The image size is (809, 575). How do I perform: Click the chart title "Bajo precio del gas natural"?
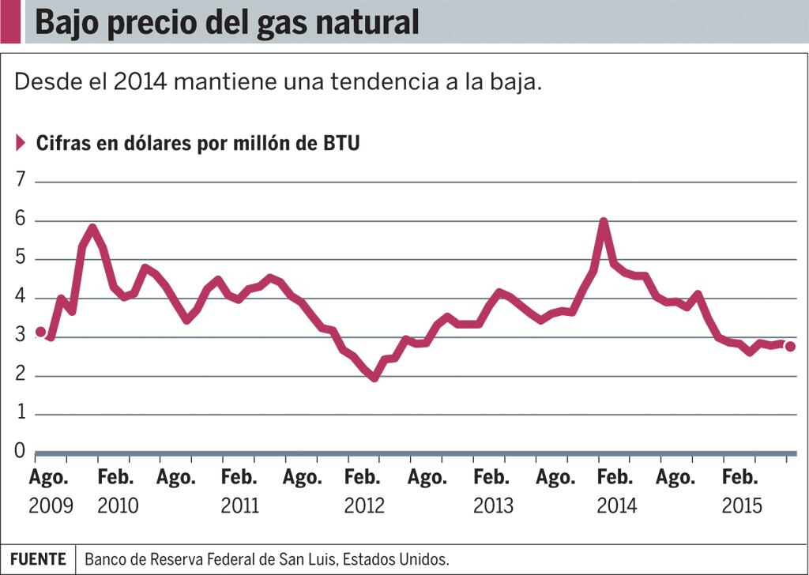tap(226, 23)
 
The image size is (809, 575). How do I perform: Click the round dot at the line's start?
tap(41, 332)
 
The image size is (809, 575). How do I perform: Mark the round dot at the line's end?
tap(790, 347)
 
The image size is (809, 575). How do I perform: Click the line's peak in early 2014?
tap(604, 222)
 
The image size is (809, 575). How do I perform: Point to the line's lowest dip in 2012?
tap(374, 378)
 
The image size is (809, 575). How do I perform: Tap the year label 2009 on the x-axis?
tap(51, 505)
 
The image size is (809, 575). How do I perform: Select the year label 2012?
tap(364, 505)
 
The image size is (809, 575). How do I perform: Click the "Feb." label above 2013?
tap(491, 478)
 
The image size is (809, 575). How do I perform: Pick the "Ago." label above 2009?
tap(49, 478)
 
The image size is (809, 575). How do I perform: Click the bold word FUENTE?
tap(38, 559)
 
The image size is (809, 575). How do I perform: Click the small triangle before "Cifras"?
tap(21, 143)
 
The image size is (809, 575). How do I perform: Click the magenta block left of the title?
tap(10, 22)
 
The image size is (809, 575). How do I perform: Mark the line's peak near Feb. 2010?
tap(92, 229)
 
